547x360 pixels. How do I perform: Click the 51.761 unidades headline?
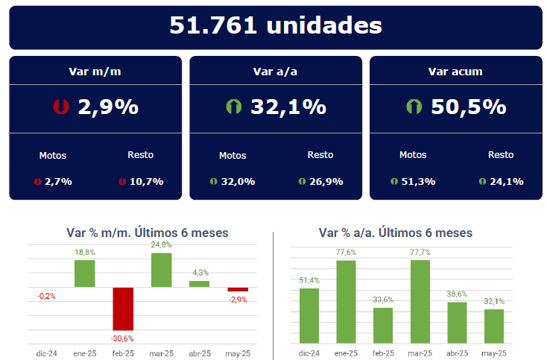pos(276,26)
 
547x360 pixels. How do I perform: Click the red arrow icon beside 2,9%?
pos(61,107)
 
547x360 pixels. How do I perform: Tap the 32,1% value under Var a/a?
pos(288,107)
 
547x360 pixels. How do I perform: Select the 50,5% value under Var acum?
pos(468,107)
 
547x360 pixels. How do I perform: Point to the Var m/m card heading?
pos(95,72)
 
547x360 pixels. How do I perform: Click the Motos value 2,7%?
pos(57,181)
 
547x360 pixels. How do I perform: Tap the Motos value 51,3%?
pos(417,181)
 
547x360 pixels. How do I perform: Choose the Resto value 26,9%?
pos(326,181)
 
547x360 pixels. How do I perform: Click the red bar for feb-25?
pos(123,309)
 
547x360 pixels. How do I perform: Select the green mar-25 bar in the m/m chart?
pos(162,270)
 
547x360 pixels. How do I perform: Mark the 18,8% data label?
pos(84,253)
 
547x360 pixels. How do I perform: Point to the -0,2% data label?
pos(46,296)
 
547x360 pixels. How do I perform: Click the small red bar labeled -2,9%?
pos(238,289)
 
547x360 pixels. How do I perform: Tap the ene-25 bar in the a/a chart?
pos(345,300)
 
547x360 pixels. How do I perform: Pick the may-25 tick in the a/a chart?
pos(493,353)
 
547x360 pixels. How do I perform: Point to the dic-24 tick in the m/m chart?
pos(46,353)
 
